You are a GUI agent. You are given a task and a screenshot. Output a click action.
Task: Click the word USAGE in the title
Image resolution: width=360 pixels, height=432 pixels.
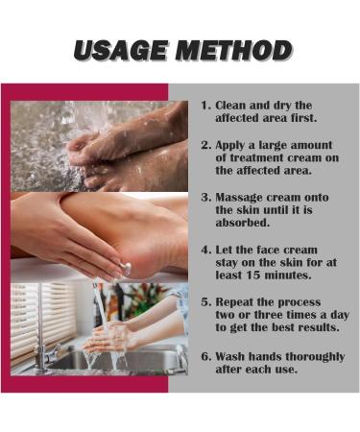(120, 51)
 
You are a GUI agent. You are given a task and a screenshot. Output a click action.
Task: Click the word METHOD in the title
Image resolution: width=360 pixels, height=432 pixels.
(234, 51)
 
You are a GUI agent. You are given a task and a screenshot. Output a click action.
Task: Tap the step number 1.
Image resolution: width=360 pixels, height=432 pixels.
(204, 106)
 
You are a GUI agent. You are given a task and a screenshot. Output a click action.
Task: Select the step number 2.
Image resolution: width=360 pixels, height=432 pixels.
(205, 145)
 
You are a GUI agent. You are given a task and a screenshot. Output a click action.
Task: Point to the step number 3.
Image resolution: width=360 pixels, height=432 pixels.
(205, 197)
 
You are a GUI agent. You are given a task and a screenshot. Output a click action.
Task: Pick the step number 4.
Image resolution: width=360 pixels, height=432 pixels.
(205, 250)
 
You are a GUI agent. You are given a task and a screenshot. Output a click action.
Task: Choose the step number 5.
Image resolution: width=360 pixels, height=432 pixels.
(205, 301)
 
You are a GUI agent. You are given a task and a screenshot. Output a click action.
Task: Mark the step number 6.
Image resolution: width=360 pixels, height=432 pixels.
(205, 356)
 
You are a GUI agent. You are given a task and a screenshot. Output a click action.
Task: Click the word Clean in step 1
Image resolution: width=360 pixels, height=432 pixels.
(230, 106)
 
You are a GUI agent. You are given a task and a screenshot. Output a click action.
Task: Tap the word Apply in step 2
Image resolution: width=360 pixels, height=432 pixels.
(230, 146)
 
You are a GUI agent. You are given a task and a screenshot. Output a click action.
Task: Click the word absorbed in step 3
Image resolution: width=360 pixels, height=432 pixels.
(243, 223)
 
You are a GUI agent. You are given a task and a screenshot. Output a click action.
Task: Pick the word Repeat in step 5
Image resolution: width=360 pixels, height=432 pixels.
(234, 302)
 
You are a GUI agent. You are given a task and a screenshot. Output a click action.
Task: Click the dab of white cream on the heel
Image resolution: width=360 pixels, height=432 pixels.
(126, 267)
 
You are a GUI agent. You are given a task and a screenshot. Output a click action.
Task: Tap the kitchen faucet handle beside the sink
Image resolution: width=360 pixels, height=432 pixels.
(54, 352)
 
